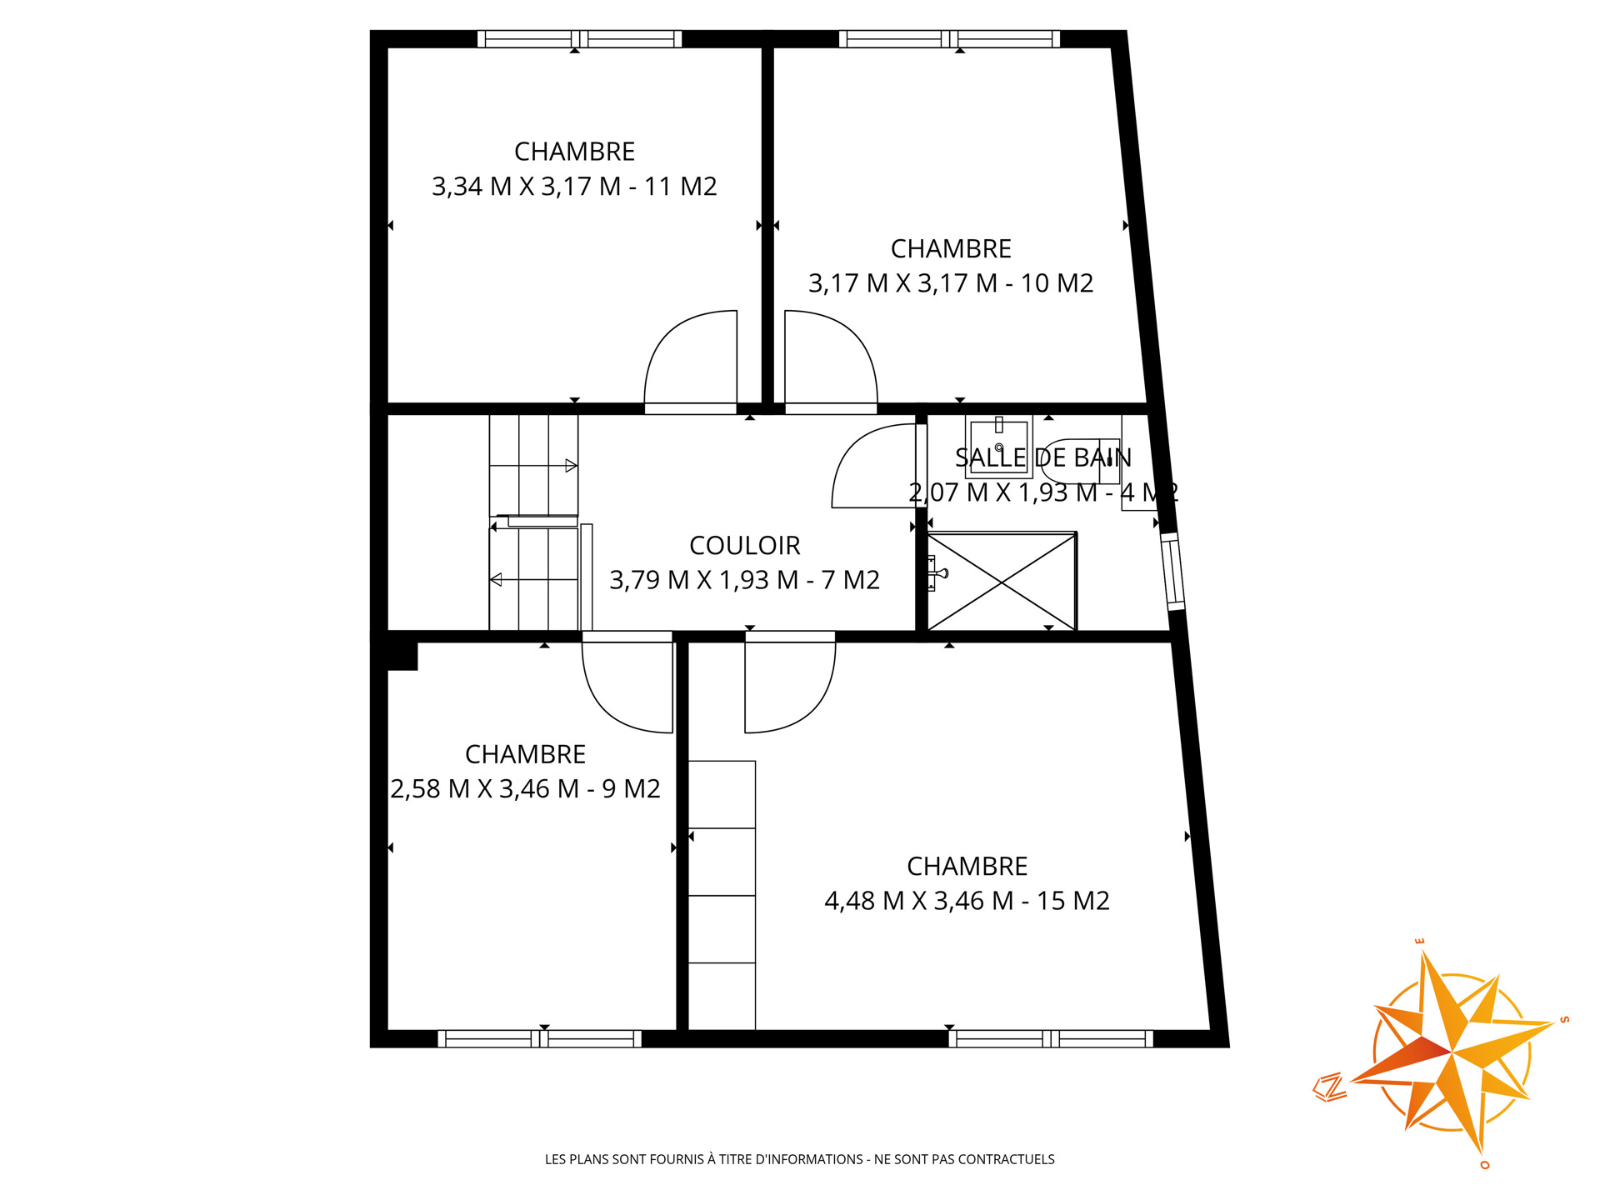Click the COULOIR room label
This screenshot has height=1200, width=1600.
tap(744, 546)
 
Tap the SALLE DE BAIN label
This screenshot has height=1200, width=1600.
tap(1043, 457)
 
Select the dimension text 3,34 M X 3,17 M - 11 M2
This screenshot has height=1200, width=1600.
tap(574, 187)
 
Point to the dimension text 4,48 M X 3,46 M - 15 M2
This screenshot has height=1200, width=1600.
tap(967, 901)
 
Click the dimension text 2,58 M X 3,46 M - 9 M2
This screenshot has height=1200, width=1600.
tap(525, 788)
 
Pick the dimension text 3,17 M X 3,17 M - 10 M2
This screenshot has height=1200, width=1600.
tap(951, 283)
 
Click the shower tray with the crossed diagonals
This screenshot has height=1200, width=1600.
tap(1002, 581)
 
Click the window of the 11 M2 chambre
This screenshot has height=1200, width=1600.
tap(579, 38)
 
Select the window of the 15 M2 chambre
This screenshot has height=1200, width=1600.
tap(1051, 1038)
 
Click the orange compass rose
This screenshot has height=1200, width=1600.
tap(1451, 1052)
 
